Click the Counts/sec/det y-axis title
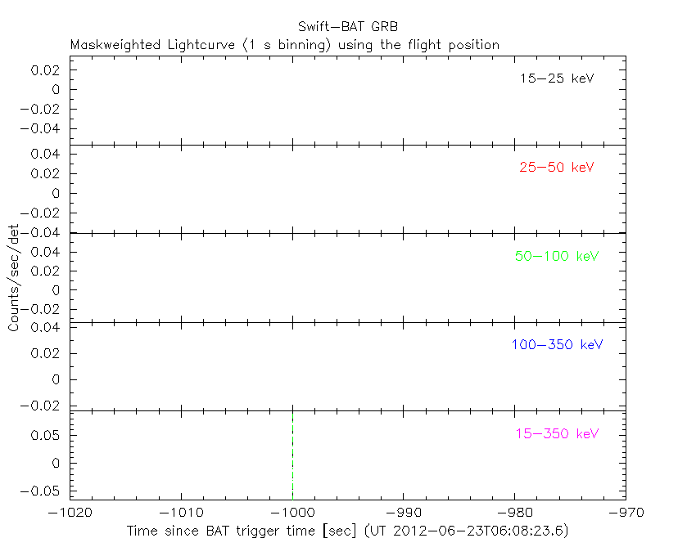point(14,278)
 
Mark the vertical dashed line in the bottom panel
point(292,455)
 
